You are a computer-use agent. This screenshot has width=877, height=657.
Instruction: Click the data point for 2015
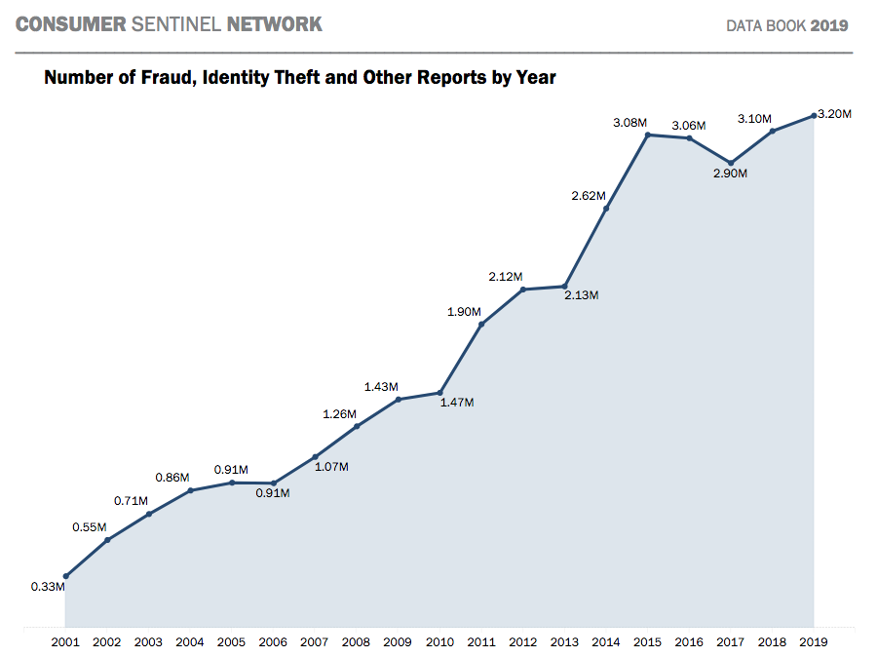647,135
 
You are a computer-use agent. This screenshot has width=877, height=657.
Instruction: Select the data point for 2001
65,576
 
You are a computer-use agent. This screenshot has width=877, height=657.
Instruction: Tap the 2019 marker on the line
814,115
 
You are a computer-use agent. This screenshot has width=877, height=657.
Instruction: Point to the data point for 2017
731,163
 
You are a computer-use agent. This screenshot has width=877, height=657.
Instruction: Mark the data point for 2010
439,393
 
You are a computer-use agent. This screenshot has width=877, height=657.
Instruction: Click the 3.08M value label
629,122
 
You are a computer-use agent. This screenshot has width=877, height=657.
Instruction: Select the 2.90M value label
730,174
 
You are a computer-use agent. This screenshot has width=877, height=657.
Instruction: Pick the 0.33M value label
48,587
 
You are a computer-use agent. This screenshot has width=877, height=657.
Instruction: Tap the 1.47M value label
456,403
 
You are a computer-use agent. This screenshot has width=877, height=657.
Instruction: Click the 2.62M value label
589,196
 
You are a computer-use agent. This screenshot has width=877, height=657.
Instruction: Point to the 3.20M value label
835,114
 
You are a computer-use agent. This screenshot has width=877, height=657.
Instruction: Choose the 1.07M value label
331,467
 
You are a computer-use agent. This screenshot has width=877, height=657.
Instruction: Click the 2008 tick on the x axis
356,642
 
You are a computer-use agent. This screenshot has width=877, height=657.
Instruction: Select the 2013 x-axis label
564,642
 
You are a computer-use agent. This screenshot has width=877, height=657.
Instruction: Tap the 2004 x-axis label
190,642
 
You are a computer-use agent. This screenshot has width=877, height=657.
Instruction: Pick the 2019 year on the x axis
814,642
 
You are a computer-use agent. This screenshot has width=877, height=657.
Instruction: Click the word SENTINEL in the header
175,23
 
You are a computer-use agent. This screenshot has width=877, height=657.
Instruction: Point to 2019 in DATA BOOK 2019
829,25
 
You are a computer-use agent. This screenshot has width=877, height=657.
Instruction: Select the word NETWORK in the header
274,23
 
